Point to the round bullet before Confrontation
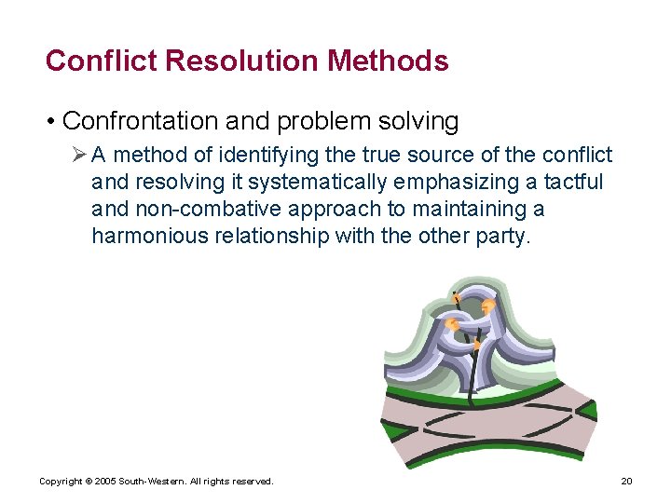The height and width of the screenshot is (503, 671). (x=52, y=122)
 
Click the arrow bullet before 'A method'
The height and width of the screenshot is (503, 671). (x=79, y=155)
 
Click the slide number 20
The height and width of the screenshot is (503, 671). (x=626, y=481)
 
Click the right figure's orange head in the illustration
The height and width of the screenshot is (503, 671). (x=486, y=306)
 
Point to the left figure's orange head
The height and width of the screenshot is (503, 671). (x=451, y=325)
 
